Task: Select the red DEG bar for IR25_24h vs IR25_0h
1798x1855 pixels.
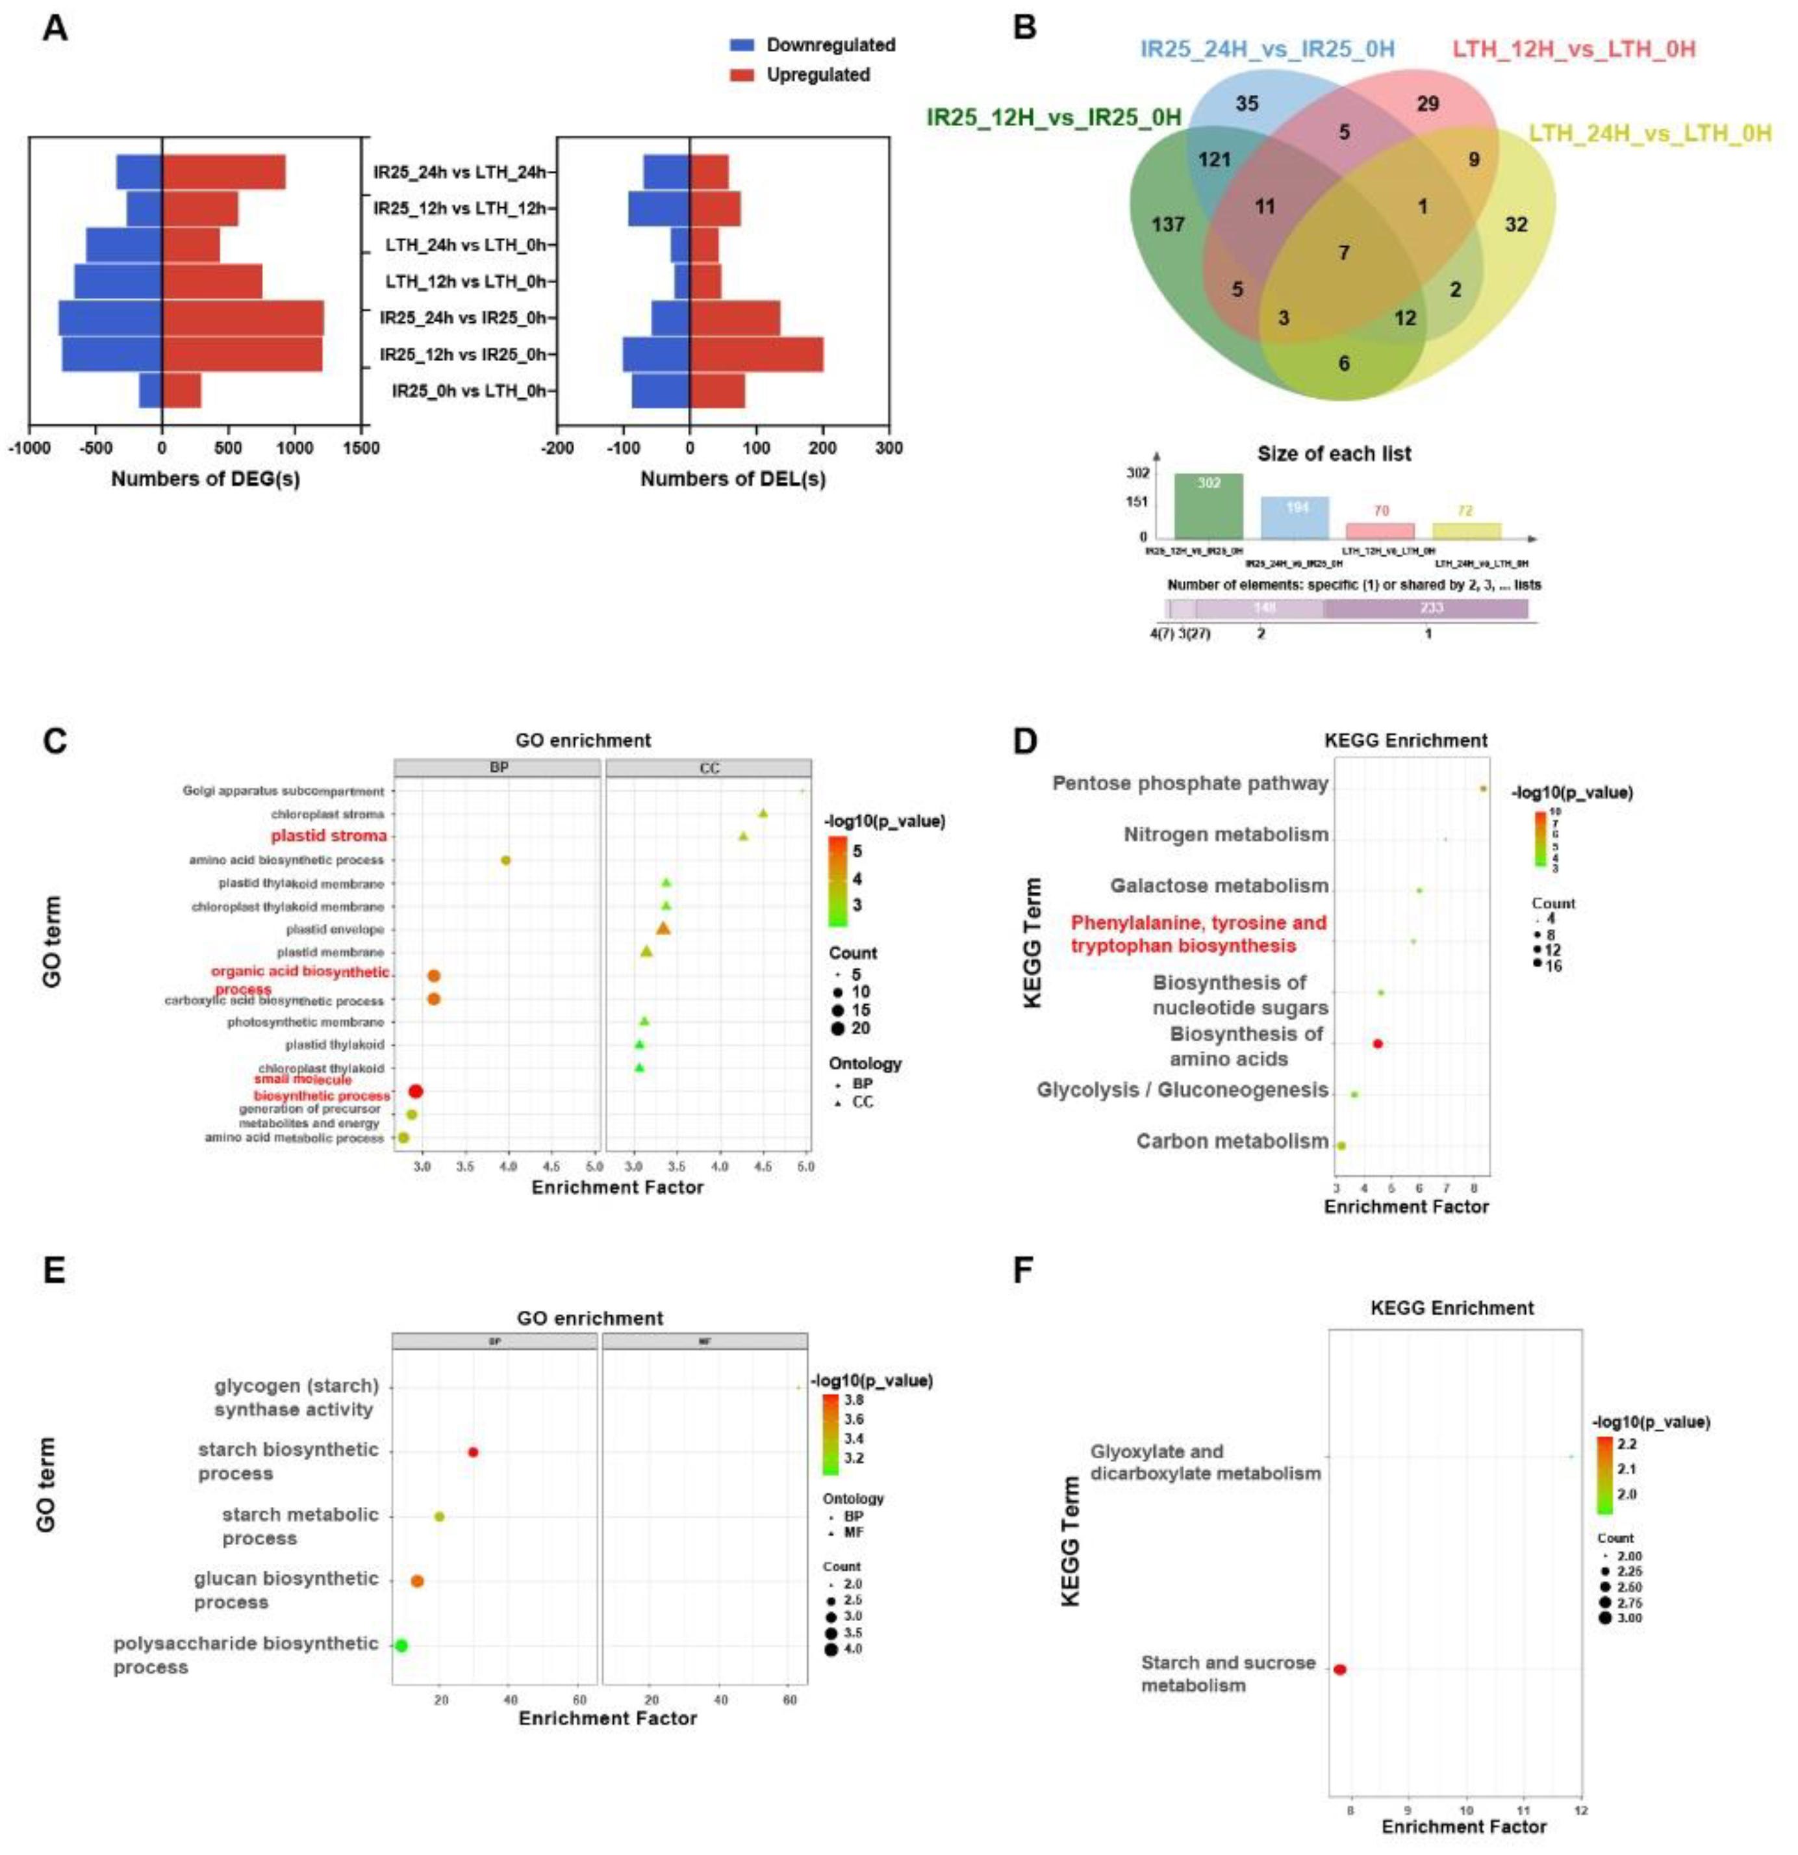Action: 242,318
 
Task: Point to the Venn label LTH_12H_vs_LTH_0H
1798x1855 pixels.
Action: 1573,48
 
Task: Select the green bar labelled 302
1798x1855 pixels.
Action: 1208,505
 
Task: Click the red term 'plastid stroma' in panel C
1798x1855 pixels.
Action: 329,836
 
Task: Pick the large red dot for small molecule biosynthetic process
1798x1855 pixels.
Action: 414,1091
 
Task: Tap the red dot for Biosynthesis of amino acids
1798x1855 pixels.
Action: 1378,1044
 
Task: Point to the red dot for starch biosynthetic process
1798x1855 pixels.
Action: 473,1452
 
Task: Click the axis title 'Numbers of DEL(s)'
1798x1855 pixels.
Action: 733,479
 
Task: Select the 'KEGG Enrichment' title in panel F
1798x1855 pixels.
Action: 1452,1308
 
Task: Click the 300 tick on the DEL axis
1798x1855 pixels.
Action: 889,448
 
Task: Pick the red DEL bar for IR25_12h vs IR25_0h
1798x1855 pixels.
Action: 756,355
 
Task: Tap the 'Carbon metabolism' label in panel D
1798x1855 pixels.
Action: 1232,1141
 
